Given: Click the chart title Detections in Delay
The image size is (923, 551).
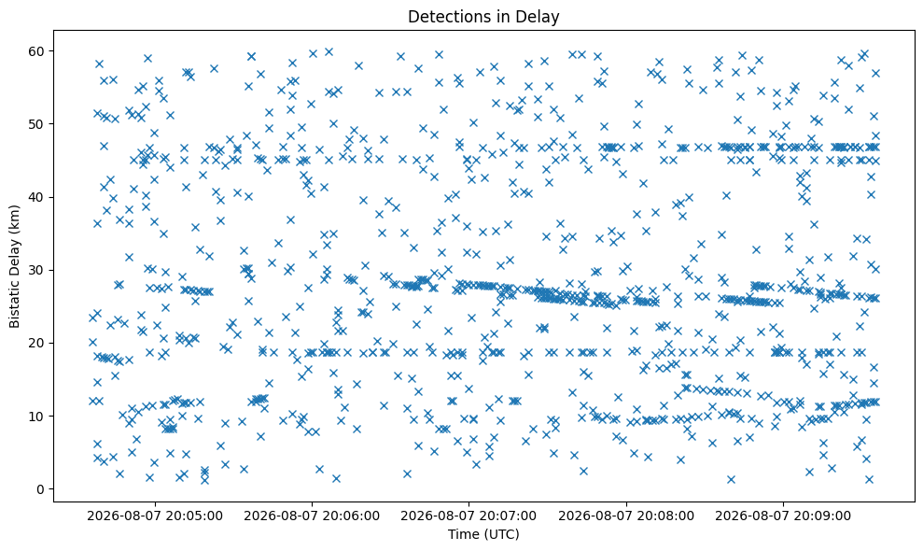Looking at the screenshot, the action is click(483, 17).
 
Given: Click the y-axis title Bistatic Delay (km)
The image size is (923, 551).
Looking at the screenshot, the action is click(14, 266).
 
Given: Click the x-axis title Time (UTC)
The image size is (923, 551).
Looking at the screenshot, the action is click(483, 534).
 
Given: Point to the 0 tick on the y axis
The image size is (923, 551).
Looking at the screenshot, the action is click(41, 489).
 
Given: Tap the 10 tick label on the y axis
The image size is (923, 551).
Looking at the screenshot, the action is click(37, 416).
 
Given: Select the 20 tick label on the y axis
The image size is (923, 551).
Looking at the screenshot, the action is click(37, 343).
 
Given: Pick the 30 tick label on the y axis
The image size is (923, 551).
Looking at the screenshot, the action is click(37, 270).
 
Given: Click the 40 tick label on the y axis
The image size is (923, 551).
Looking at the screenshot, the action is click(37, 197).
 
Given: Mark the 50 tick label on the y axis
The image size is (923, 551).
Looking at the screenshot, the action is click(37, 124).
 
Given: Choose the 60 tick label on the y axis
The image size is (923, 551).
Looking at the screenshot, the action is click(37, 51).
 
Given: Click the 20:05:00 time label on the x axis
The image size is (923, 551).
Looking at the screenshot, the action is click(155, 516).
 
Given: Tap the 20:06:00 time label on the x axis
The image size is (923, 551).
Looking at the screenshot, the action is click(312, 516).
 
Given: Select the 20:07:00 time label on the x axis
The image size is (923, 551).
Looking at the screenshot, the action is click(468, 516).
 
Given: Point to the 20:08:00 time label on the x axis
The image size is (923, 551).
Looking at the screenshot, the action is click(625, 516).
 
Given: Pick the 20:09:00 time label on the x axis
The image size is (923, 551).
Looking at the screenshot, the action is click(783, 516).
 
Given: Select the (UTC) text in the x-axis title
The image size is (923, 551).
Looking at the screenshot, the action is click(502, 534).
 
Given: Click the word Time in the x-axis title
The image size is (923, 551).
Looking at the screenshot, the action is click(464, 534).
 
